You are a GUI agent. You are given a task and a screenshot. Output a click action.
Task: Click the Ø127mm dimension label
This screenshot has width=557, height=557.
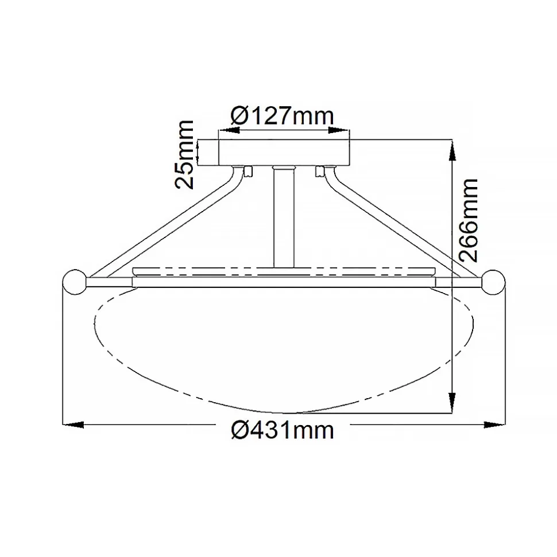tap(283, 115)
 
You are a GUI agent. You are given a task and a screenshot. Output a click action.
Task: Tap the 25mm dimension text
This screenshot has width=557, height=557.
tap(184, 154)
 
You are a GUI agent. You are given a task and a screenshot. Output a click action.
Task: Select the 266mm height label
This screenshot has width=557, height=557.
tap(468, 220)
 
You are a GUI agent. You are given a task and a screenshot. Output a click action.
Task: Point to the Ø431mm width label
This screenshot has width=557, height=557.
tap(283, 430)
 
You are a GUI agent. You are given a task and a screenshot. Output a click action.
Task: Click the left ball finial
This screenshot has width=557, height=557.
tap(75, 282)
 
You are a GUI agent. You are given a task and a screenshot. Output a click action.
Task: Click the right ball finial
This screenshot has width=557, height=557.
tap(493, 282)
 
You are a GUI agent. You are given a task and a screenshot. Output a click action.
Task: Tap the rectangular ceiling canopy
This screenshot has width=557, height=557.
tap(284, 153)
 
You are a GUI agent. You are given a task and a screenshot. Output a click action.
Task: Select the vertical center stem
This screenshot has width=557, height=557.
tap(284, 217)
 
